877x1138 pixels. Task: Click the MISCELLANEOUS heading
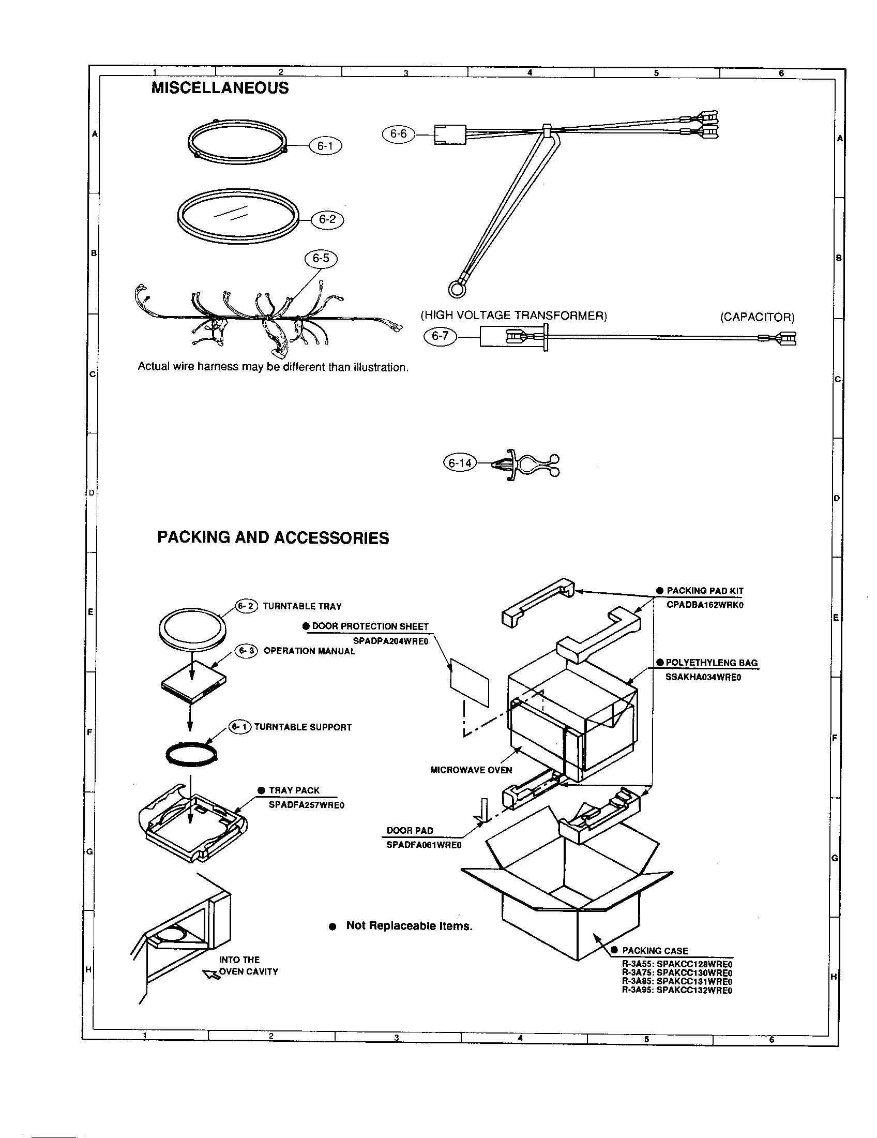(220, 88)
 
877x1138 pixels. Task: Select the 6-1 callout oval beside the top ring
(325, 146)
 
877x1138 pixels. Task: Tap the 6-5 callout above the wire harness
(321, 259)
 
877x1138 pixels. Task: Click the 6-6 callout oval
(398, 134)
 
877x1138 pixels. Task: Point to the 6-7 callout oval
(440, 336)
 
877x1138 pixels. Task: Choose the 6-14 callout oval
(460, 463)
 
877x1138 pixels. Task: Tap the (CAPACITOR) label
(757, 317)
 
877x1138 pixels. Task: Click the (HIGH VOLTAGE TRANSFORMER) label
(513, 315)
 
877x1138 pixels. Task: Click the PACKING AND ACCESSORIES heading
(273, 538)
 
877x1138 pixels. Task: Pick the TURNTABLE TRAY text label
(302, 607)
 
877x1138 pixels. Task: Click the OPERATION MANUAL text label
(309, 651)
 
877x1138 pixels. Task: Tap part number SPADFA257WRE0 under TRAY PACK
(306, 805)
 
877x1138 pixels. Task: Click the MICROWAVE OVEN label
(471, 770)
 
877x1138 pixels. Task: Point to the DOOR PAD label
(410, 831)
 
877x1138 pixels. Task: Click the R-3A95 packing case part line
(677, 990)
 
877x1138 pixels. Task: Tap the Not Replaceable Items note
(409, 925)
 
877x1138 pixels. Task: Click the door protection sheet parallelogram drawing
(470, 682)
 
